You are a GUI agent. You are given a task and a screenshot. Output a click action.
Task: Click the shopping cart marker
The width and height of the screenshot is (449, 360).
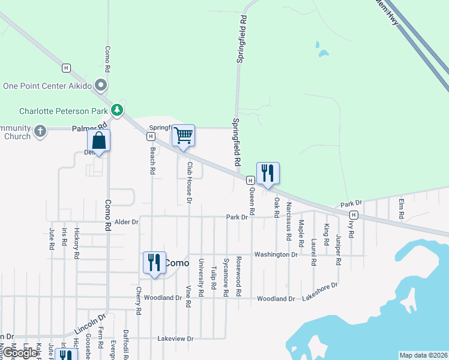[x=183, y=136]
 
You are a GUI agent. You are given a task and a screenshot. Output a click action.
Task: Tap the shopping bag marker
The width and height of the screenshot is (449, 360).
[x=99, y=142]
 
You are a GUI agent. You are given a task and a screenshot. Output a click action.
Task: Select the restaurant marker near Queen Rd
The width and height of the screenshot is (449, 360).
[x=268, y=173]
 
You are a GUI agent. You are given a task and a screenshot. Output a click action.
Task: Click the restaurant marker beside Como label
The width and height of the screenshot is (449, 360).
[x=154, y=263]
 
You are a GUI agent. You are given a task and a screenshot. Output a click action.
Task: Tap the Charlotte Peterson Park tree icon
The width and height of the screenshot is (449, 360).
[x=117, y=110]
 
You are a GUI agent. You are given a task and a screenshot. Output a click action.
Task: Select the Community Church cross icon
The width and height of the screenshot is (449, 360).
[x=40, y=131]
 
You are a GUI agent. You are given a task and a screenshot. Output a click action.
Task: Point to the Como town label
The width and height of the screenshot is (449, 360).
[x=177, y=263]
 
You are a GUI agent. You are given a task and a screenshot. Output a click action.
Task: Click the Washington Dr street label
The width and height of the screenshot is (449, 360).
[x=276, y=254]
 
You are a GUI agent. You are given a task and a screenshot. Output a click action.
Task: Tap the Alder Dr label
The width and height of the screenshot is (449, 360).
[x=127, y=221]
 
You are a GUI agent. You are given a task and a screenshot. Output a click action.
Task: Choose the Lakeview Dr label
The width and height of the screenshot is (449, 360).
[x=175, y=338]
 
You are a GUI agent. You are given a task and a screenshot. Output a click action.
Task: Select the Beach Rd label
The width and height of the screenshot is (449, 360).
[x=153, y=161]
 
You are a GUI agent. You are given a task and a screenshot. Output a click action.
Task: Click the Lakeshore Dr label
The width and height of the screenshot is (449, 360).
[x=321, y=292]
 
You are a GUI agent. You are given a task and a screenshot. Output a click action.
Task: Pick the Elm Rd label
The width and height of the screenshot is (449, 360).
[x=401, y=208]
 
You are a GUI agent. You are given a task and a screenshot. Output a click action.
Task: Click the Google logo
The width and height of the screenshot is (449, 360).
[x=20, y=353]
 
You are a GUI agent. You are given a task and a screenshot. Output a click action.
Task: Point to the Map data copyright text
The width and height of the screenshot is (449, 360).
[x=423, y=355]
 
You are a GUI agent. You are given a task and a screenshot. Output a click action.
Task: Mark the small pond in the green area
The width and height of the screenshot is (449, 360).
[x=324, y=53]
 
